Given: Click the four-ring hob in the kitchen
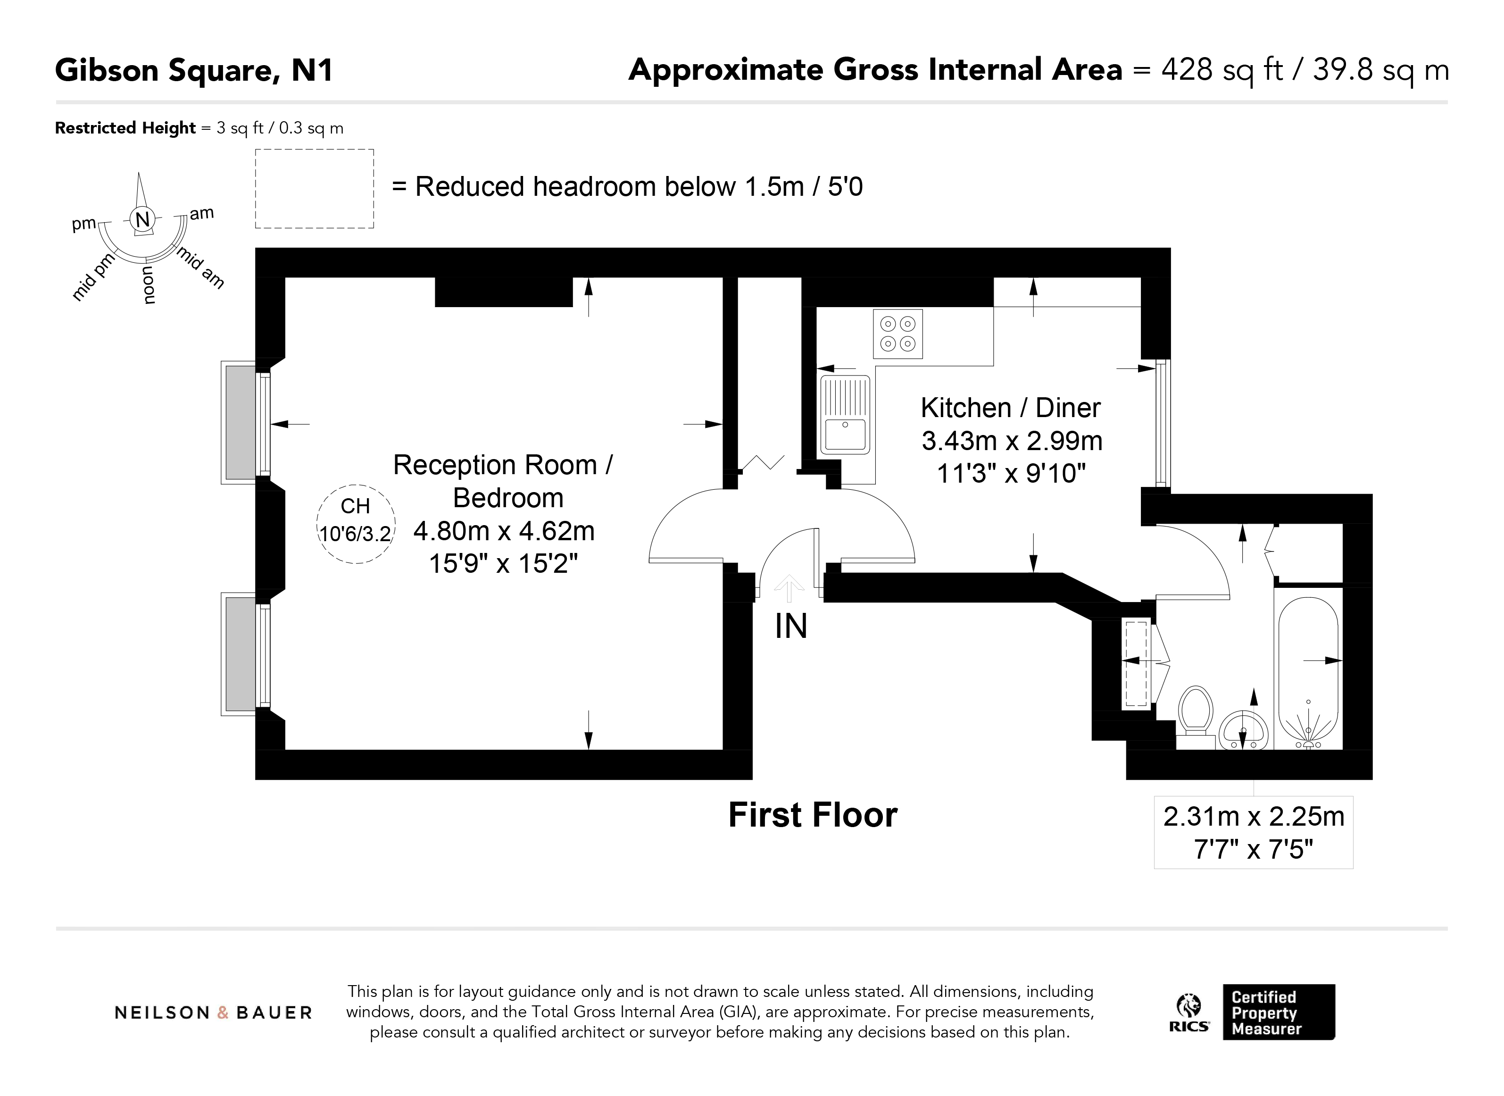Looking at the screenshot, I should (x=898, y=334).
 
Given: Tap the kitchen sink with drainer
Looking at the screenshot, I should (x=844, y=415).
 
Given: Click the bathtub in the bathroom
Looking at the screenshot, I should (x=1308, y=670).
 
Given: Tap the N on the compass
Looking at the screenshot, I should (x=142, y=219).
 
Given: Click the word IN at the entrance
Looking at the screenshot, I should (x=791, y=626).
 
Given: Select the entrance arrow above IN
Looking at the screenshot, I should (x=789, y=588).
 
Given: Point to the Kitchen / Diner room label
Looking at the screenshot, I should (x=1011, y=407).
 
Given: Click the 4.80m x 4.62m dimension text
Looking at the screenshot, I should (x=504, y=531).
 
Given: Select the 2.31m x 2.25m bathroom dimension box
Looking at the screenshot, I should (x=1254, y=833).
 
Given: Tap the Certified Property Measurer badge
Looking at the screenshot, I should (x=1279, y=1012).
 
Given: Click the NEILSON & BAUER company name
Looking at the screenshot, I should (x=213, y=1012).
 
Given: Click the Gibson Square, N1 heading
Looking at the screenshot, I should (x=194, y=70).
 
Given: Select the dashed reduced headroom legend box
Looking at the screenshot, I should (x=314, y=189).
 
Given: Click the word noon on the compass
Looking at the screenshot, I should (x=148, y=284).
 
